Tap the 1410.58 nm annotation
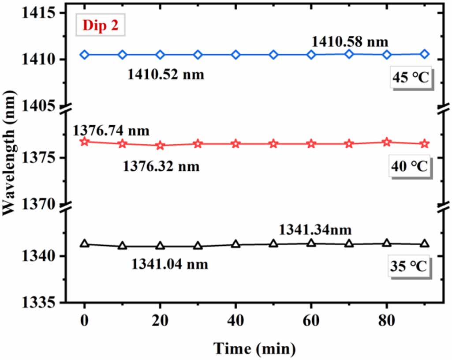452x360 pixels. [x=350, y=42]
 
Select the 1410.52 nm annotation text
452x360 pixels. [x=166, y=74]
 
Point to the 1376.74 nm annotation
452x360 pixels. [x=111, y=131]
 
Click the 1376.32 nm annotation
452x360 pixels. [x=161, y=166]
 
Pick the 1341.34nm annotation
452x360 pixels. [x=315, y=230]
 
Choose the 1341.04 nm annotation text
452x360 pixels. [x=170, y=264]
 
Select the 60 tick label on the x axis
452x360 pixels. [x=311, y=322]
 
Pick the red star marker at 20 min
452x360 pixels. [x=160, y=146]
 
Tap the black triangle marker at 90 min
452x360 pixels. [x=425, y=244]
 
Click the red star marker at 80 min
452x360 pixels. [x=387, y=142]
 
